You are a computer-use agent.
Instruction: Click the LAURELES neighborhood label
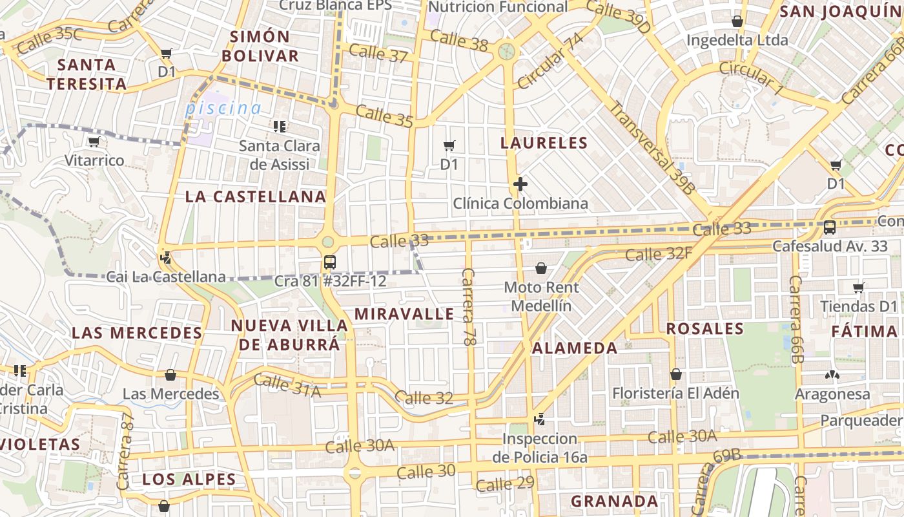(x=544, y=143)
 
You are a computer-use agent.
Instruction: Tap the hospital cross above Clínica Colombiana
(x=520, y=185)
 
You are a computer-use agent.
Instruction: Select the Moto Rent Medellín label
(x=541, y=295)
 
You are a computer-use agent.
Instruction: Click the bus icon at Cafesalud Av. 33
(x=830, y=227)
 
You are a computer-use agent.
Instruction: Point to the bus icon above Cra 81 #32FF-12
(x=329, y=262)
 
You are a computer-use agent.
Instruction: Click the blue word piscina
(x=223, y=109)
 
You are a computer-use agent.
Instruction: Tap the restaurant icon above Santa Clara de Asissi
(x=280, y=127)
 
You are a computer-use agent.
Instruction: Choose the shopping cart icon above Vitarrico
(x=94, y=142)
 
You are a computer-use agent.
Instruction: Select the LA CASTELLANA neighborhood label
(x=256, y=196)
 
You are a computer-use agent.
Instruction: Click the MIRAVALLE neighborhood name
(x=404, y=315)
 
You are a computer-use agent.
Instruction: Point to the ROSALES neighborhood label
(x=705, y=328)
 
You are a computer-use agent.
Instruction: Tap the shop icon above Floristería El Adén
(x=675, y=374)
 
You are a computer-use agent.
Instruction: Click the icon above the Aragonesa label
(x=832, y=375)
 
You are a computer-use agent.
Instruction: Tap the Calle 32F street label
(x=659, y=253)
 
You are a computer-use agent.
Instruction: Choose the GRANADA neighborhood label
(x=614, y=501)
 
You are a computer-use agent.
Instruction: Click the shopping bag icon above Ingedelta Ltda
(x=737, y=21)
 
